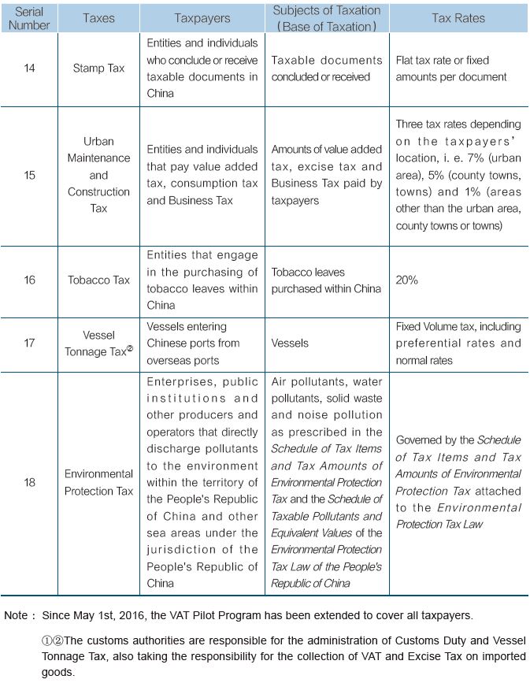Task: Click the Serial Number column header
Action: (x=30, y=18)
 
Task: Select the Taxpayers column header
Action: (x=202, y=18)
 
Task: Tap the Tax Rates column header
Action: (x=458, y=18)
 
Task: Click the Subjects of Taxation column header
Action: (x=326, y=17)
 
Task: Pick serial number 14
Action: (x=30, y=69)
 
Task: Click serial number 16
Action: (x=30, y=280)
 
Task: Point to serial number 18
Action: (x=30, y=482)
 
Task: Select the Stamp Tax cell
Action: (x=99, y=69)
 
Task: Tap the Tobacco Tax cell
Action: (x=99, y=280)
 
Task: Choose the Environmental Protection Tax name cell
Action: (x=99, y=482)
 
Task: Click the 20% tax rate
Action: (x=407, y=280)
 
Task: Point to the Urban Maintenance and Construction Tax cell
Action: (x=99, y=175)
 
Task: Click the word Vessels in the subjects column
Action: (x=289, y=343)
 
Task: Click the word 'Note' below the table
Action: (x=16, y=614)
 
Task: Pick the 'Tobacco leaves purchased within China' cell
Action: (x=326, y=280)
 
